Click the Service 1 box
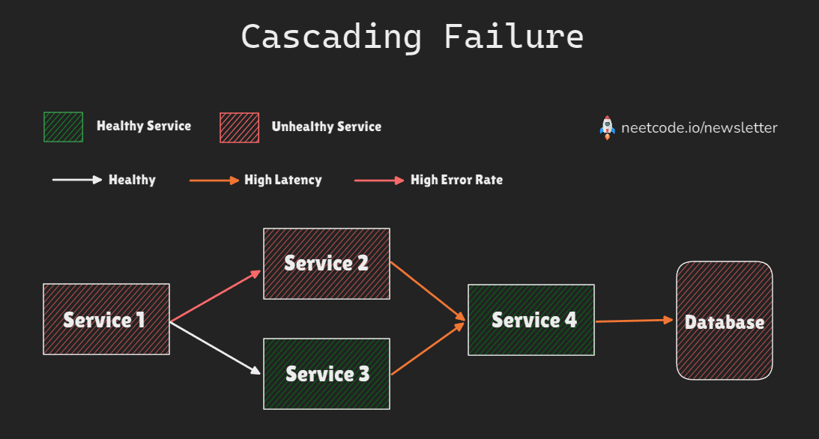point(106,319)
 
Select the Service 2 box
point(326,263)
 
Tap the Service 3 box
point(326,373)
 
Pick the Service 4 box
point(531,320)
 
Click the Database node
point(724,321)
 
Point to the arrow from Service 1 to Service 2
point(216,297)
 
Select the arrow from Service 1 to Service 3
point(216,347)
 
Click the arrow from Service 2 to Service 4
point(427,291)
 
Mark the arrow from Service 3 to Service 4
point(427,349)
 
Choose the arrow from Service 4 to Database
point(634,321)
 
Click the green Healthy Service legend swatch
point(64,127)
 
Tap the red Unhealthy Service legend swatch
point(239,127)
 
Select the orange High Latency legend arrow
point(214,180)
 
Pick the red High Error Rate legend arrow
point(378,180)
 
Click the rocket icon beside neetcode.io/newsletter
point(607,127)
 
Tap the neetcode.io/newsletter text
point(699,127)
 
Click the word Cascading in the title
point(331,36)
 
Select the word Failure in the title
point(513,36)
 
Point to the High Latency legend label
point(282,180)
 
